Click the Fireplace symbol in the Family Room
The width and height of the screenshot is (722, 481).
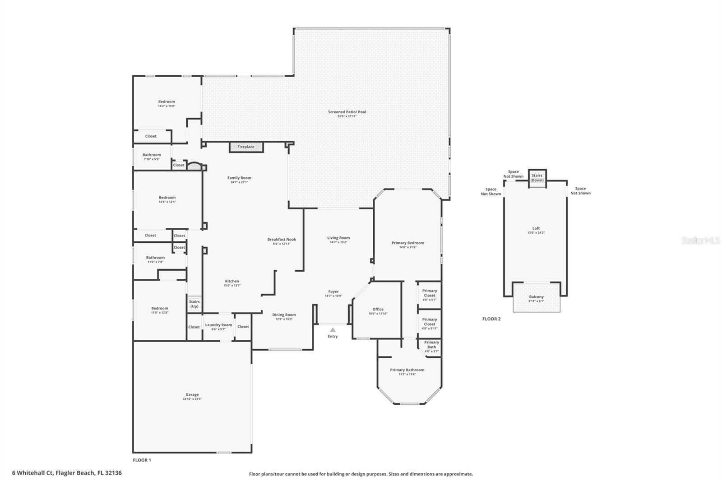click(x=246, y=147)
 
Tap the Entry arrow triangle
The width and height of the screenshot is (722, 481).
click(x=333, y=330)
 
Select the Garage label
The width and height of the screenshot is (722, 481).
click(x=192, y=395)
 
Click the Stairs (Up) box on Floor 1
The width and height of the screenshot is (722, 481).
click(x=194, y=304)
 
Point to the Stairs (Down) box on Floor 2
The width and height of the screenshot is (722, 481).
click(x=537, y=177)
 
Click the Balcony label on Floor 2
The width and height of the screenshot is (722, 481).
click(x=537, y=297)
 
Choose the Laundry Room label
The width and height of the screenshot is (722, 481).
click(x=218, y=325)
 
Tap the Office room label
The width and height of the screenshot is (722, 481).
click(x=378, y=310)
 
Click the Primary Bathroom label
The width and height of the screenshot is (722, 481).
click(x=407, y=370)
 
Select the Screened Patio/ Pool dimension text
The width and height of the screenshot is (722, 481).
click(x=347, y=116)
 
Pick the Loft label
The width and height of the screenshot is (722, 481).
click(x=536, y=228)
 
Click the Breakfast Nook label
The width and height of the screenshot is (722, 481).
click(x=282, y=240)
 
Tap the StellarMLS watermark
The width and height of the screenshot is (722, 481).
click(x=700, y=241)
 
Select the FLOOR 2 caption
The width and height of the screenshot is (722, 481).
click(x=491, y=319)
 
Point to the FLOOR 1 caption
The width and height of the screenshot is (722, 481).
click(x=142, y=460)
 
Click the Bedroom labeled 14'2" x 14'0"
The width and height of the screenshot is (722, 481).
click(x=167, y=102)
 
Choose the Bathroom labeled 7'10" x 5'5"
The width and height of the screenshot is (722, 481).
click(x=152, y=155)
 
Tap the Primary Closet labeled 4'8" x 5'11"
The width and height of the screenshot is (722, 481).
click(x=430, y=322)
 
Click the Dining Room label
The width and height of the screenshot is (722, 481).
click(x=284, y=315)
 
